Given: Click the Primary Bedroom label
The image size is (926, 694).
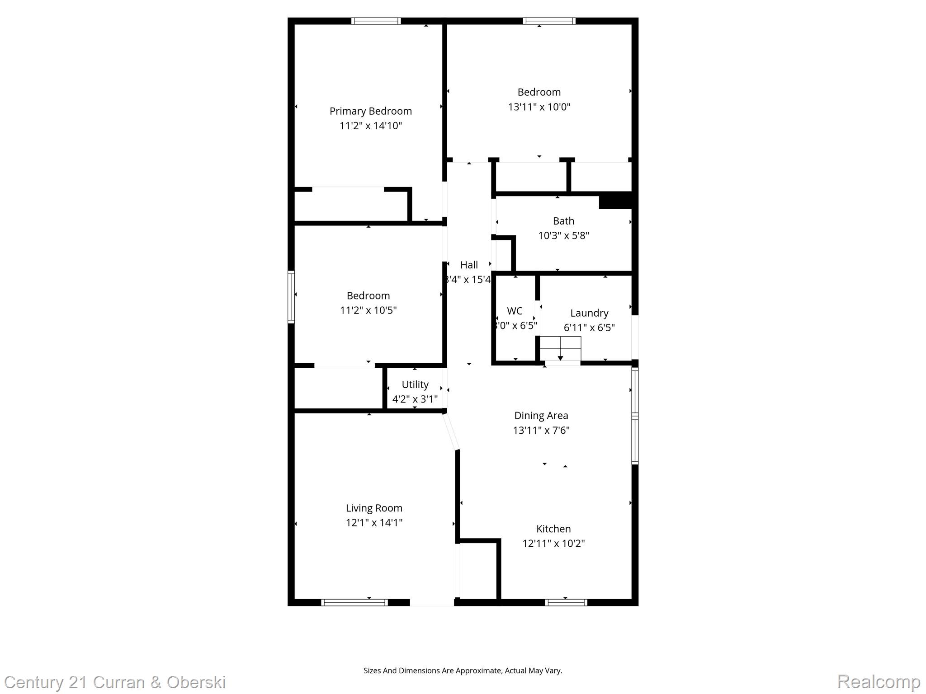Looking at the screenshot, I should (370, 111).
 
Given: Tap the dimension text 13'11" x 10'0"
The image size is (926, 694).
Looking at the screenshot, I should (539, 107).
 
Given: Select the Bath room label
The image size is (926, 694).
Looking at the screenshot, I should (563, 221).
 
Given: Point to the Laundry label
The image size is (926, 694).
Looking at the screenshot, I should (589, 313).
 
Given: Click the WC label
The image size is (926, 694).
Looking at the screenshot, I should (515, 311).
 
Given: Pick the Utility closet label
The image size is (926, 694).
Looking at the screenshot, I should (415, 385).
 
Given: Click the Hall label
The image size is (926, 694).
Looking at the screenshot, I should (469, 265).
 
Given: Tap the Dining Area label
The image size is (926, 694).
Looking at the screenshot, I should (541, 416).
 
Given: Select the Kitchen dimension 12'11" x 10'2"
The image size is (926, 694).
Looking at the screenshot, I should (553, 544).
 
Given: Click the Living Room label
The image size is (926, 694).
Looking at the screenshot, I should (374, 508).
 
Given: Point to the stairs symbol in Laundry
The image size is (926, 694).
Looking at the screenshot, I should (560, 348).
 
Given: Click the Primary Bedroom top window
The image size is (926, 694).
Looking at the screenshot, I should (376, 21).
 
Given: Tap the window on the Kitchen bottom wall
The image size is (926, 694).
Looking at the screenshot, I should (566, 602).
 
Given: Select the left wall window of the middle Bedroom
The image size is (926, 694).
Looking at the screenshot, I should (291, 297).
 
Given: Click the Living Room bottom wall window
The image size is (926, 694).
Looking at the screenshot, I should (354, 602).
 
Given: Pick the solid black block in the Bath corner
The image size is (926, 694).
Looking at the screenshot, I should (615, 201).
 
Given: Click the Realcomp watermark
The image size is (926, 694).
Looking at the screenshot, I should (879, 681).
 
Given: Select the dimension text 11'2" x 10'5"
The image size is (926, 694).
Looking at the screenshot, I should (368, 310).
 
